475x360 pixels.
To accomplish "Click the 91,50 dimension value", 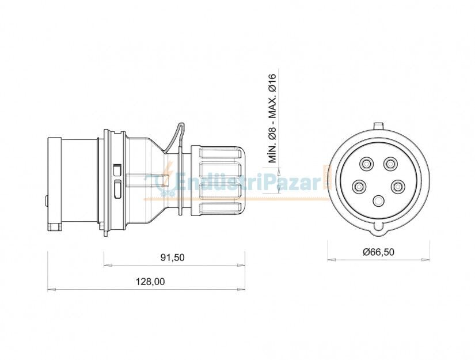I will point(172,257).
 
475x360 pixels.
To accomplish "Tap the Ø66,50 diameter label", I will point(378,252).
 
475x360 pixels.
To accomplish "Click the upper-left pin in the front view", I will point(366,165).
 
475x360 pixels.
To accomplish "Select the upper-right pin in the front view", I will point(391,165).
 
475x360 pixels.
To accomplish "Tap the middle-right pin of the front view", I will point(398,187).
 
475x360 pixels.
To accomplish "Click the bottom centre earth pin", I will point(378,201).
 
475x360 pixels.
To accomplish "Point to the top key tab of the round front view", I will point(378,125).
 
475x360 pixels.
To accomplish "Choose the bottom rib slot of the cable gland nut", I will point(220,209).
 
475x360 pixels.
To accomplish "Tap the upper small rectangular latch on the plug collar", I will point(117,169).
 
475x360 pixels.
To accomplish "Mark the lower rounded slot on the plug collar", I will point(117,190).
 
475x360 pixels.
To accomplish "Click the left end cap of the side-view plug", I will point(54,183).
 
